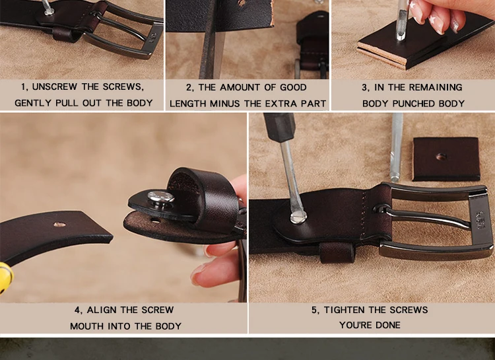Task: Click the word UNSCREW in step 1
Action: click(54, 87)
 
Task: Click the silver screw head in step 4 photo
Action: click(161, 197)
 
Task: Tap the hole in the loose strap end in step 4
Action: click(59, 225)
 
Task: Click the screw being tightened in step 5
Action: click(298, 217)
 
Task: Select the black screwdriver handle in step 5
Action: click(280, 127)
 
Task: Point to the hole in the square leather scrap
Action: click(441, 157)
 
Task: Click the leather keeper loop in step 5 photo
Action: click(337, 253)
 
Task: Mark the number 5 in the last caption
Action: click(314, 310)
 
